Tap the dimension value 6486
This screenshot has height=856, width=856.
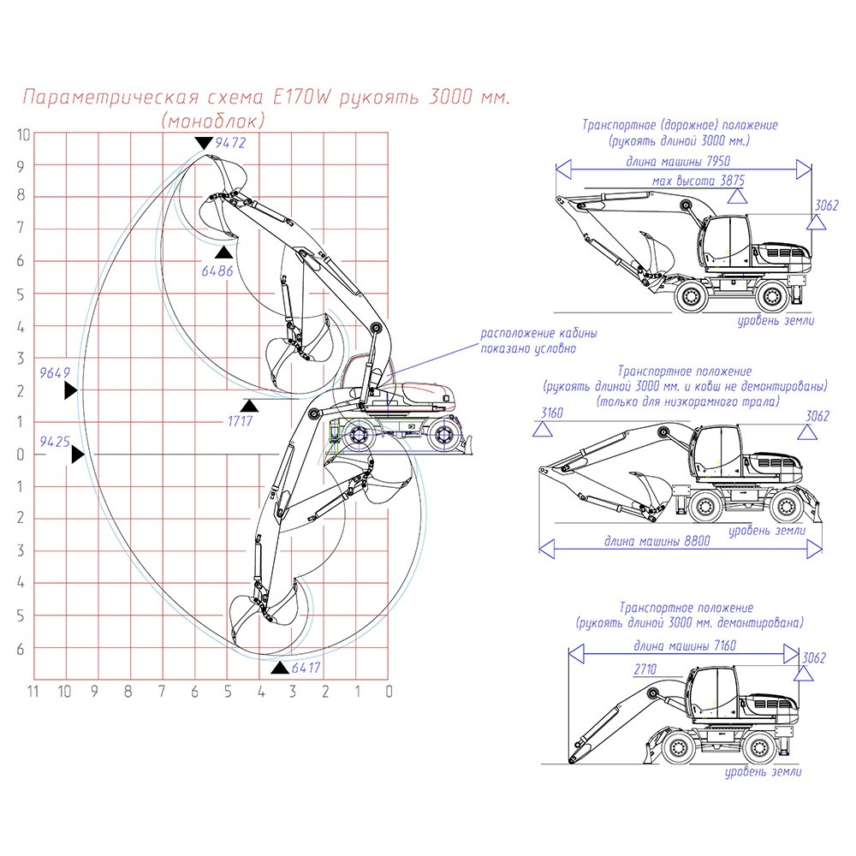pyautogui.click(x=217, y=270)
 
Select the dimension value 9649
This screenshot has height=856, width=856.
pyautogui.click(x=54, y=373)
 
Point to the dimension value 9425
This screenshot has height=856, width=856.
pyautogui.click(x=56, y=442)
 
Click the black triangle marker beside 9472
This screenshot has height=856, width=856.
pyautogui.click(x=204, y=143)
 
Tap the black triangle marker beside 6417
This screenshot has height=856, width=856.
pyautogui.click(x=280, y=667)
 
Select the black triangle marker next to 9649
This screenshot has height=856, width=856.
pyautogui.click(x=70, y=390)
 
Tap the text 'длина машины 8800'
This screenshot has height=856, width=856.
pyautogui.click(x=657, y=542)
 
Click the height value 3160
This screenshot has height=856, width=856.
pyautogui.click(x=552, y=414)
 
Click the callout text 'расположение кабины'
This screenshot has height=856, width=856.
pyautogui.click(x=538, y=334)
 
